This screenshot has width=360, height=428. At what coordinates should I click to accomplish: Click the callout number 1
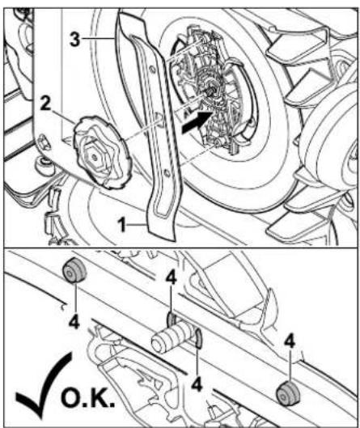click(121, 225)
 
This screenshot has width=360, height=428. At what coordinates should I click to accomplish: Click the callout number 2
click(45, 104)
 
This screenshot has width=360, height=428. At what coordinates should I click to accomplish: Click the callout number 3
click(75, 40)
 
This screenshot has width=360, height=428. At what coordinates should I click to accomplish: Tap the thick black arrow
click(197, 122)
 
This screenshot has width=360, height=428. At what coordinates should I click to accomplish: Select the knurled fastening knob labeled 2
click(103, 152)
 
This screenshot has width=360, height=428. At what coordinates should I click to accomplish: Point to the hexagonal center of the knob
click(95, 157)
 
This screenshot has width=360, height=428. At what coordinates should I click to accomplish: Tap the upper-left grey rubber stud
click(74, 270)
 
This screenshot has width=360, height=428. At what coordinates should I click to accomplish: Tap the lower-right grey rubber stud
click(288, 393)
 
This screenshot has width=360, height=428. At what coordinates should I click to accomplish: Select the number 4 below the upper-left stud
click(74, 323)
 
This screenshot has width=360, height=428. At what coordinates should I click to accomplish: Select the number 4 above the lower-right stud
click(290, 341)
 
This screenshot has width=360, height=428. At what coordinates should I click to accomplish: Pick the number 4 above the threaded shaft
click(172, 278)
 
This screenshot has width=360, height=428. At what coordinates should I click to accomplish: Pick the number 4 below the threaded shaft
click(197, 384)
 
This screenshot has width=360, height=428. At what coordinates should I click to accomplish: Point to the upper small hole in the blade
click(152, 69)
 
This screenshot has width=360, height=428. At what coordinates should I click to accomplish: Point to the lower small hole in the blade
click(166, 173)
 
